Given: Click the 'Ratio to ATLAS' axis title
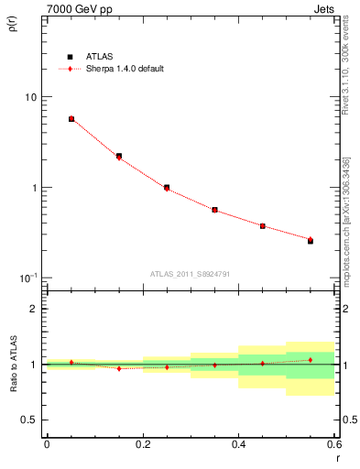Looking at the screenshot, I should [12, 366].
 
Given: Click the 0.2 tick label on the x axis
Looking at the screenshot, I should [142, 446].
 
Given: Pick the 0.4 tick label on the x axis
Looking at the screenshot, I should [238, 446].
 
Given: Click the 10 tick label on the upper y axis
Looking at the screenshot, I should [30, 97].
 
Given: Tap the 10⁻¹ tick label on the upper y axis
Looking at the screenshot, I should [28, 278].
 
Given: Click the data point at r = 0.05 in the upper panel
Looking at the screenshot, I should [71, 119].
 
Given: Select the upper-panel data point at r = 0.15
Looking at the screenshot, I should [119, 157].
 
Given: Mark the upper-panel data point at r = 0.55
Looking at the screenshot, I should [310, 241].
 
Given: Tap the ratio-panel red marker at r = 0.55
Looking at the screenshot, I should [310, 360].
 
